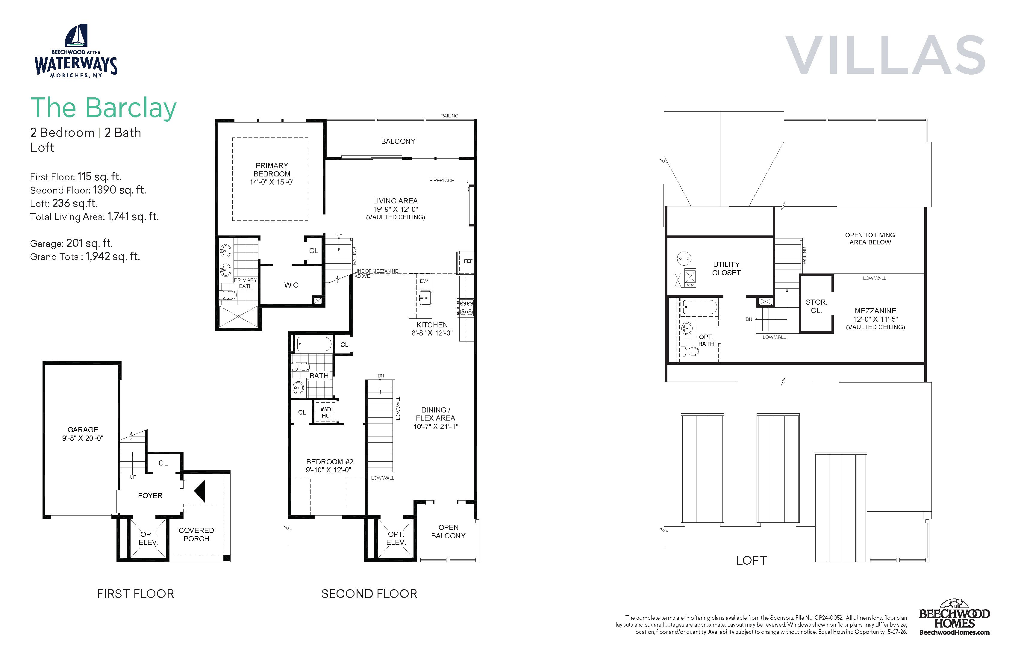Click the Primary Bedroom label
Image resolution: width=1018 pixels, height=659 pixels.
pos(272,170)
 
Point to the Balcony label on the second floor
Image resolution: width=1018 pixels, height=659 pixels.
pos(398,141)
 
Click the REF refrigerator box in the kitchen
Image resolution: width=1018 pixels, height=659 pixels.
pos(467,262)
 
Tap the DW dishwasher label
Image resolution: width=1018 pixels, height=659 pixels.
pos(424,281)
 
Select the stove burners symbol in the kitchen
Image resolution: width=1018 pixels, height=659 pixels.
pos(465,307)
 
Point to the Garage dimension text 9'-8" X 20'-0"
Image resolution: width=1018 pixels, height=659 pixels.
pos(83,438)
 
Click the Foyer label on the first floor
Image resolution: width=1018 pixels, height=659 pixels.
pos(150,495)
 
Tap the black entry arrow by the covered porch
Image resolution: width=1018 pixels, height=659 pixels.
pos(200,491)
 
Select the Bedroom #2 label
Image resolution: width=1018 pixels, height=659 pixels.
pos(330,462)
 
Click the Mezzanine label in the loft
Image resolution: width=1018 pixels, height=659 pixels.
pos(875,311)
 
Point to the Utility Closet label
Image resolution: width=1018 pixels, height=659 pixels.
pos(726,268)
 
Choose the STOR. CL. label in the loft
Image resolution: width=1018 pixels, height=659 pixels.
pos(816,306)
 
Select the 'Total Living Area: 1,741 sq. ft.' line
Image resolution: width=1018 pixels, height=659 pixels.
pos(94,217)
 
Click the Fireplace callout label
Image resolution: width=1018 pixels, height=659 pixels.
pos(442,181)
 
